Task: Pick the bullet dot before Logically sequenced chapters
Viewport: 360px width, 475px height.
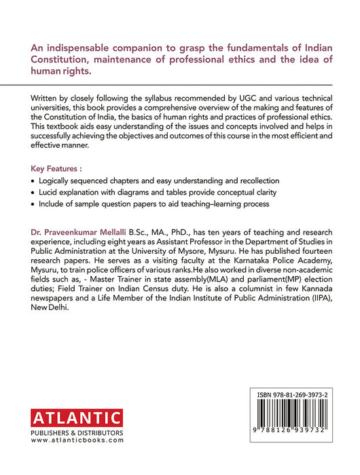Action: [33, 181]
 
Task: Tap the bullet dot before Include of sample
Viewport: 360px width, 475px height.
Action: [33, 204]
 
